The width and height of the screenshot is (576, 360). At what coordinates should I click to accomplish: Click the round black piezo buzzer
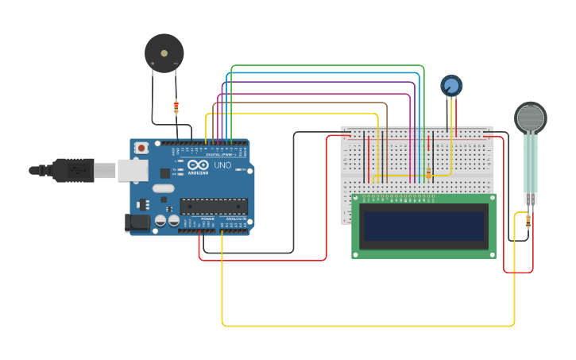click(x=164, y=53)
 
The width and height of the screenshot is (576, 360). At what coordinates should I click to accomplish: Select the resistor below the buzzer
click(x=176, y=106)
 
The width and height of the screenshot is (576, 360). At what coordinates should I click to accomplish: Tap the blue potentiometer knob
click(x=450, y=85)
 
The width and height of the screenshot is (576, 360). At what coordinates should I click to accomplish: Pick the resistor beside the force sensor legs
click(x=529, y=223)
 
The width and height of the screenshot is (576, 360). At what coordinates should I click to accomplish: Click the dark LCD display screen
click(x=423, y=225)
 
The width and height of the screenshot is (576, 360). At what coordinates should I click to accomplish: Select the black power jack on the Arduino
click(x=139, y=223)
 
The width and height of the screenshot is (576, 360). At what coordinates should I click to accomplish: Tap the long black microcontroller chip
click(x=213, y=207)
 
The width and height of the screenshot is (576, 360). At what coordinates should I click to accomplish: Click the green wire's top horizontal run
click(x=326, y=66)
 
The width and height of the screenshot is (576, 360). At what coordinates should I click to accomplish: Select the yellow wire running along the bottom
click(x=365, y=325)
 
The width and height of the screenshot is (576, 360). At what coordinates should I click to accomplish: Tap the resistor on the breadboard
click(x=429, y=172)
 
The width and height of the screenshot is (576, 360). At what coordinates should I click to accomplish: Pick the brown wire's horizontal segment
click(x=302, y=103)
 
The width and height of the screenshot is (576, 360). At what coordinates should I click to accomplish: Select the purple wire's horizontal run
click(x=318, y=82)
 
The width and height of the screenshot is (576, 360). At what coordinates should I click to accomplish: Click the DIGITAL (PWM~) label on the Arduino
click(x=219, y=154)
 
